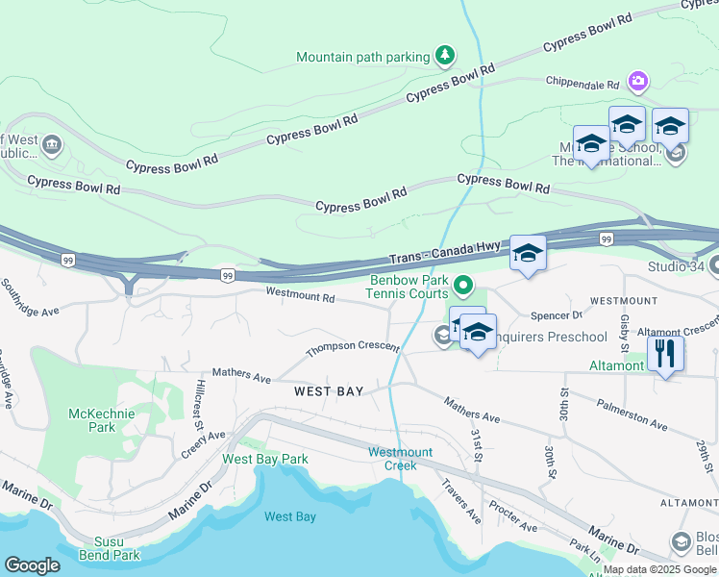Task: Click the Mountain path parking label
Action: point(362,57)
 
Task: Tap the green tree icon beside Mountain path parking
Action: point(444,56)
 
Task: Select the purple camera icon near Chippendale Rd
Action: point(636,81)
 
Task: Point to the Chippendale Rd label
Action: point(583,83)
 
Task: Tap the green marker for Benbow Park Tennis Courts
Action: point(463,285)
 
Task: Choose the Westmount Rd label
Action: point(300,296)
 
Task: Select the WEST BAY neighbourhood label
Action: point(329,391)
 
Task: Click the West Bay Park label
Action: point(265,459)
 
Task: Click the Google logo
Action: point(32,565)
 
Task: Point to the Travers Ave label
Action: point(460,501)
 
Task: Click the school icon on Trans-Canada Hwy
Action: point(528,254)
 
